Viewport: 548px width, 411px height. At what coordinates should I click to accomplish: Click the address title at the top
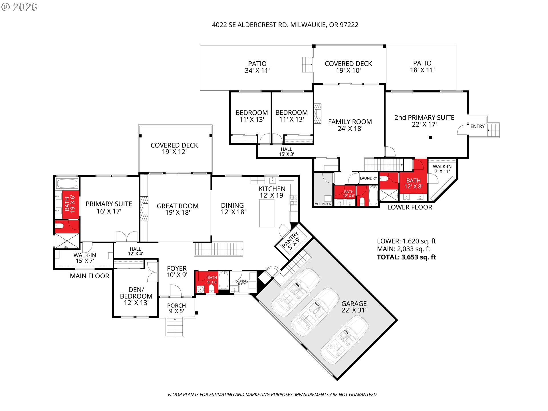285,25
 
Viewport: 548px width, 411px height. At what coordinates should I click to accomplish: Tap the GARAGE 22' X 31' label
354,307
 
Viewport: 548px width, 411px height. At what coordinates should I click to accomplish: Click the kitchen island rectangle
267,213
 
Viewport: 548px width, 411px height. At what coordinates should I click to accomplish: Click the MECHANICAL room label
323,204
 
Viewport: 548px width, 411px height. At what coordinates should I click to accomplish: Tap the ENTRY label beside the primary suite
477,126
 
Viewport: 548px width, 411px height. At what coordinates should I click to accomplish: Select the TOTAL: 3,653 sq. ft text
406,257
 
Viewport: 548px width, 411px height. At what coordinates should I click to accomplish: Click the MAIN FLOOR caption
89,276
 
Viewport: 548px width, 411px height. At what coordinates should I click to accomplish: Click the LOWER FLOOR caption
410,207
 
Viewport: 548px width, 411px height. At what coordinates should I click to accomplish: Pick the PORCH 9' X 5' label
176,308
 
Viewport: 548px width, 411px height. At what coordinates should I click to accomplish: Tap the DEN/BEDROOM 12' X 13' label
136,296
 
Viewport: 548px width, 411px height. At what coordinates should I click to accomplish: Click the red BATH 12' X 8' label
413,183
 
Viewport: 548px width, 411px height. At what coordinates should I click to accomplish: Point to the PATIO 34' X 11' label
257,67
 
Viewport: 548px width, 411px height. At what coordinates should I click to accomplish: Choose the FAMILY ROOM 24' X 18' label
350,125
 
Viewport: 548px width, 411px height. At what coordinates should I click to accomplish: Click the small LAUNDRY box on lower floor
368,178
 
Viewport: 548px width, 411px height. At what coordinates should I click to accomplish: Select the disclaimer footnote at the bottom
273,394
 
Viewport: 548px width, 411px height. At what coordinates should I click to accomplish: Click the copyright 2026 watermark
19,7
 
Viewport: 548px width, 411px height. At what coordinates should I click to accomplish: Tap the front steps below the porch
175,327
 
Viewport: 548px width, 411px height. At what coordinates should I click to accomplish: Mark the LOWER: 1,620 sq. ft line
406,241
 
